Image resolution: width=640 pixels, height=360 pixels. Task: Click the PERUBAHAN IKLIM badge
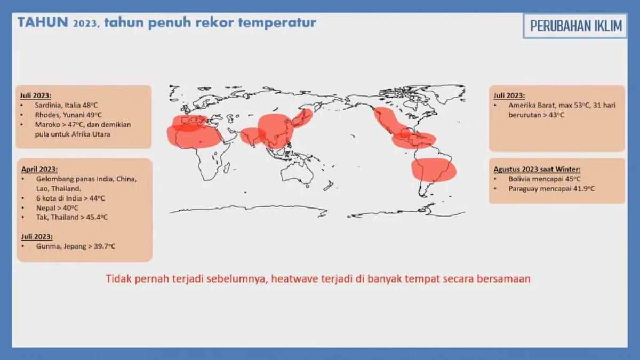575,26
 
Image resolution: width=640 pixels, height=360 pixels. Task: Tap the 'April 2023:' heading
39,169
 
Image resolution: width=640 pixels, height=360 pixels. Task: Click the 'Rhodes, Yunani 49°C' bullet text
68,115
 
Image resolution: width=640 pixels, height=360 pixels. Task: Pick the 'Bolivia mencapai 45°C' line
545,179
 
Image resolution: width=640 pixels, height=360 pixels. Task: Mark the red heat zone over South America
434,170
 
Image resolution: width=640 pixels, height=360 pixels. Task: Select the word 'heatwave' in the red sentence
294,278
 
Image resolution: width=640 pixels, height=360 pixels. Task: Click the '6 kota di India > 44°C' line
70,198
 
